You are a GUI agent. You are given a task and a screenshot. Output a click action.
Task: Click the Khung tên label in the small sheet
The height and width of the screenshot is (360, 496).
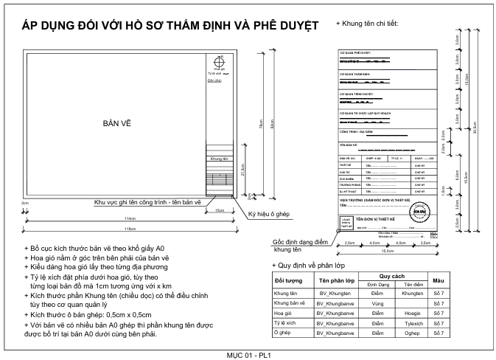pyautogui.click(x=218, y=158)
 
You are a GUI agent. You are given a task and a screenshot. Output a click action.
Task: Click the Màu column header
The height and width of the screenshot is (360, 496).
pyautogui.click(x=438, y=281)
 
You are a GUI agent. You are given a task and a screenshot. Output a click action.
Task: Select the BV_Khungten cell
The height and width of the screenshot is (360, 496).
pyautogui.click(x=334, y=294)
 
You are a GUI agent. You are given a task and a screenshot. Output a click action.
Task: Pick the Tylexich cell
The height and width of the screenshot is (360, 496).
pyautogui.click(x=413, y=322)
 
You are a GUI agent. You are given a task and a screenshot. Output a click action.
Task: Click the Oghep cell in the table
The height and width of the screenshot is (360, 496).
pyautogui.click(x=413, y=332)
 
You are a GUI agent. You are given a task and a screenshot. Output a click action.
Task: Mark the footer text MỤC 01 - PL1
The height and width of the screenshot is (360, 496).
pyautogui.click(x=248, y=354)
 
